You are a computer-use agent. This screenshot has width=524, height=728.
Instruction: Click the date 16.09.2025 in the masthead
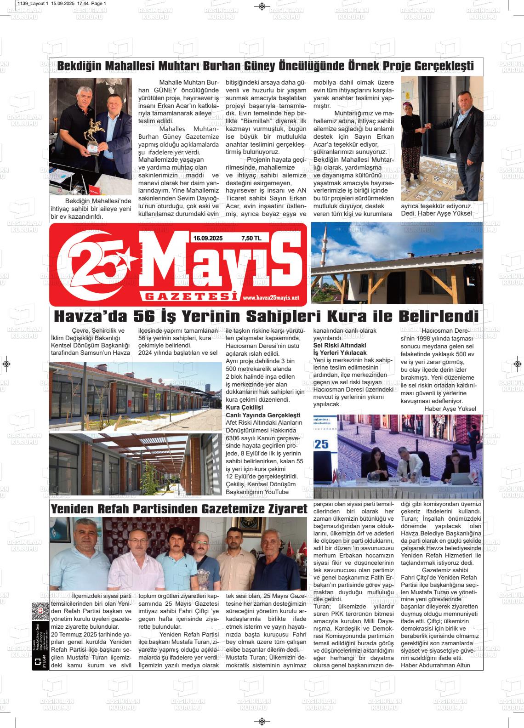pyautogui.click(x=208, y=238)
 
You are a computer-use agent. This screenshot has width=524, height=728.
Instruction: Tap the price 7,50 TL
pyautogui.click(x=251, y=238)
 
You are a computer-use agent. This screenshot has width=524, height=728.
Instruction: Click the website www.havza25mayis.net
pyautogui.click(x=271, y=297)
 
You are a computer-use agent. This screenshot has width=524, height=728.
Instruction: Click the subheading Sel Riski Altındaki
pyautogui.click(x=340, y=345)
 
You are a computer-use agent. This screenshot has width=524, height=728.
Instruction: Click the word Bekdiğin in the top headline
pyautogui.click(x=78, y=66)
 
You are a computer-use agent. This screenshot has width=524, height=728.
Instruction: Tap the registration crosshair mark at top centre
pyautogui.click(x=262, y=6)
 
